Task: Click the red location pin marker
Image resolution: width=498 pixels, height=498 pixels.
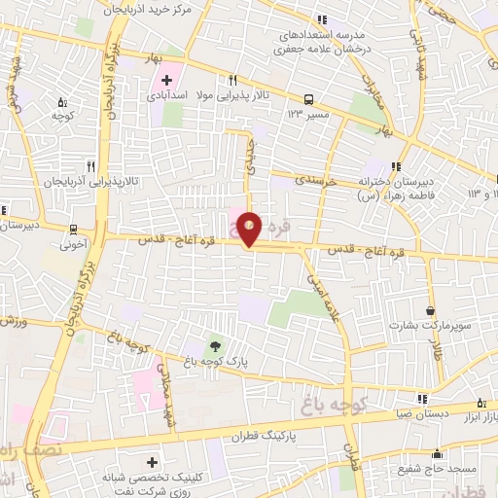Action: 251,229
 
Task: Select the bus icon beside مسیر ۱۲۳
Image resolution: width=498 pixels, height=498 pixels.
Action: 308,99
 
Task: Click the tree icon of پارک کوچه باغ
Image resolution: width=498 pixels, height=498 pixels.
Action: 214,344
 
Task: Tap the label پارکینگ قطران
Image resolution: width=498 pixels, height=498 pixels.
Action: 265,437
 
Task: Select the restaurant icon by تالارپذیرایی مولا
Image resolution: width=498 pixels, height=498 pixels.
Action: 231,80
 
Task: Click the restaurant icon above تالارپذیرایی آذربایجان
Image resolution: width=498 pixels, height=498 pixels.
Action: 90,165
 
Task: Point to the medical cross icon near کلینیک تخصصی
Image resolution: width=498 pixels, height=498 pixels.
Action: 149,462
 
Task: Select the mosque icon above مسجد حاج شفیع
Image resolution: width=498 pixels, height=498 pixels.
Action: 438,453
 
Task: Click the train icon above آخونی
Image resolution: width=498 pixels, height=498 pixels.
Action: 73,231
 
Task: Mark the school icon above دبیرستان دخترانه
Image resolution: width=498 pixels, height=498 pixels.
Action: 396,165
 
